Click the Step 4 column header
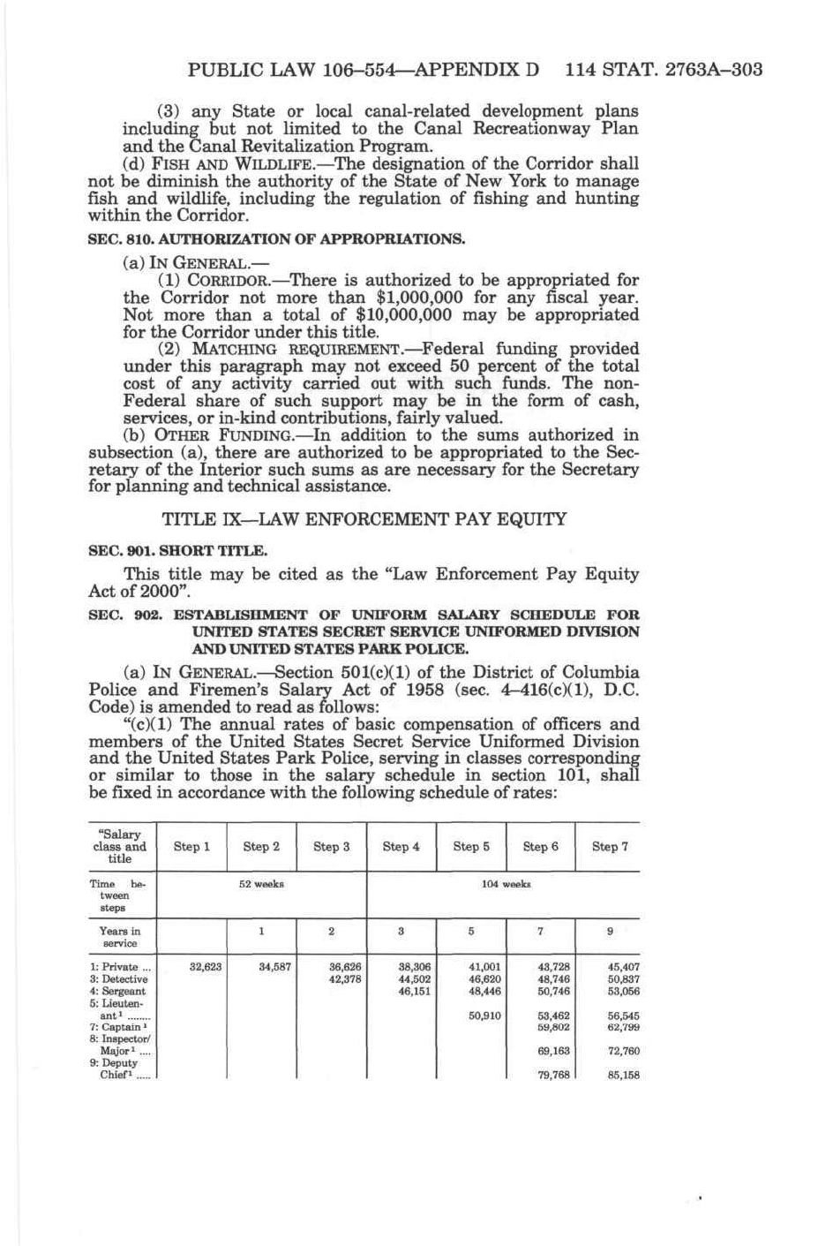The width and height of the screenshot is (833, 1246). [x=401, y=847]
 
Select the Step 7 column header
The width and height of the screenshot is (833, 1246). [x=610, y=847]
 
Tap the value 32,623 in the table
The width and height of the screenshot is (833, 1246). [x=206, y=967]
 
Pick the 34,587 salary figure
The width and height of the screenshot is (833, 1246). [x=275, y=967]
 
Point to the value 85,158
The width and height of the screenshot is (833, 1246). [x=624, y=1076]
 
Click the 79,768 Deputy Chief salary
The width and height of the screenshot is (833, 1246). [x=554, y=1076]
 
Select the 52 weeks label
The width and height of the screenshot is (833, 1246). [x=262, y=884]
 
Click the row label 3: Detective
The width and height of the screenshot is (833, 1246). [x=119, y=979]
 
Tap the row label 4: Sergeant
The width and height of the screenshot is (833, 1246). [x=118, y=992]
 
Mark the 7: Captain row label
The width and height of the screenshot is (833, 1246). [x=116, y=1028]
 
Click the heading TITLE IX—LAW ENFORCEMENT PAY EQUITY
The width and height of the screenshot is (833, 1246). [x=364, y=519]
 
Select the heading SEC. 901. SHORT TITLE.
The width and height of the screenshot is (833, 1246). [x=178, y=551]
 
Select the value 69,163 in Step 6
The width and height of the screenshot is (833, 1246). [x=554, y=1052]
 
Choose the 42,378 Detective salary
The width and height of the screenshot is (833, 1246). [x=345, y=979]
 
